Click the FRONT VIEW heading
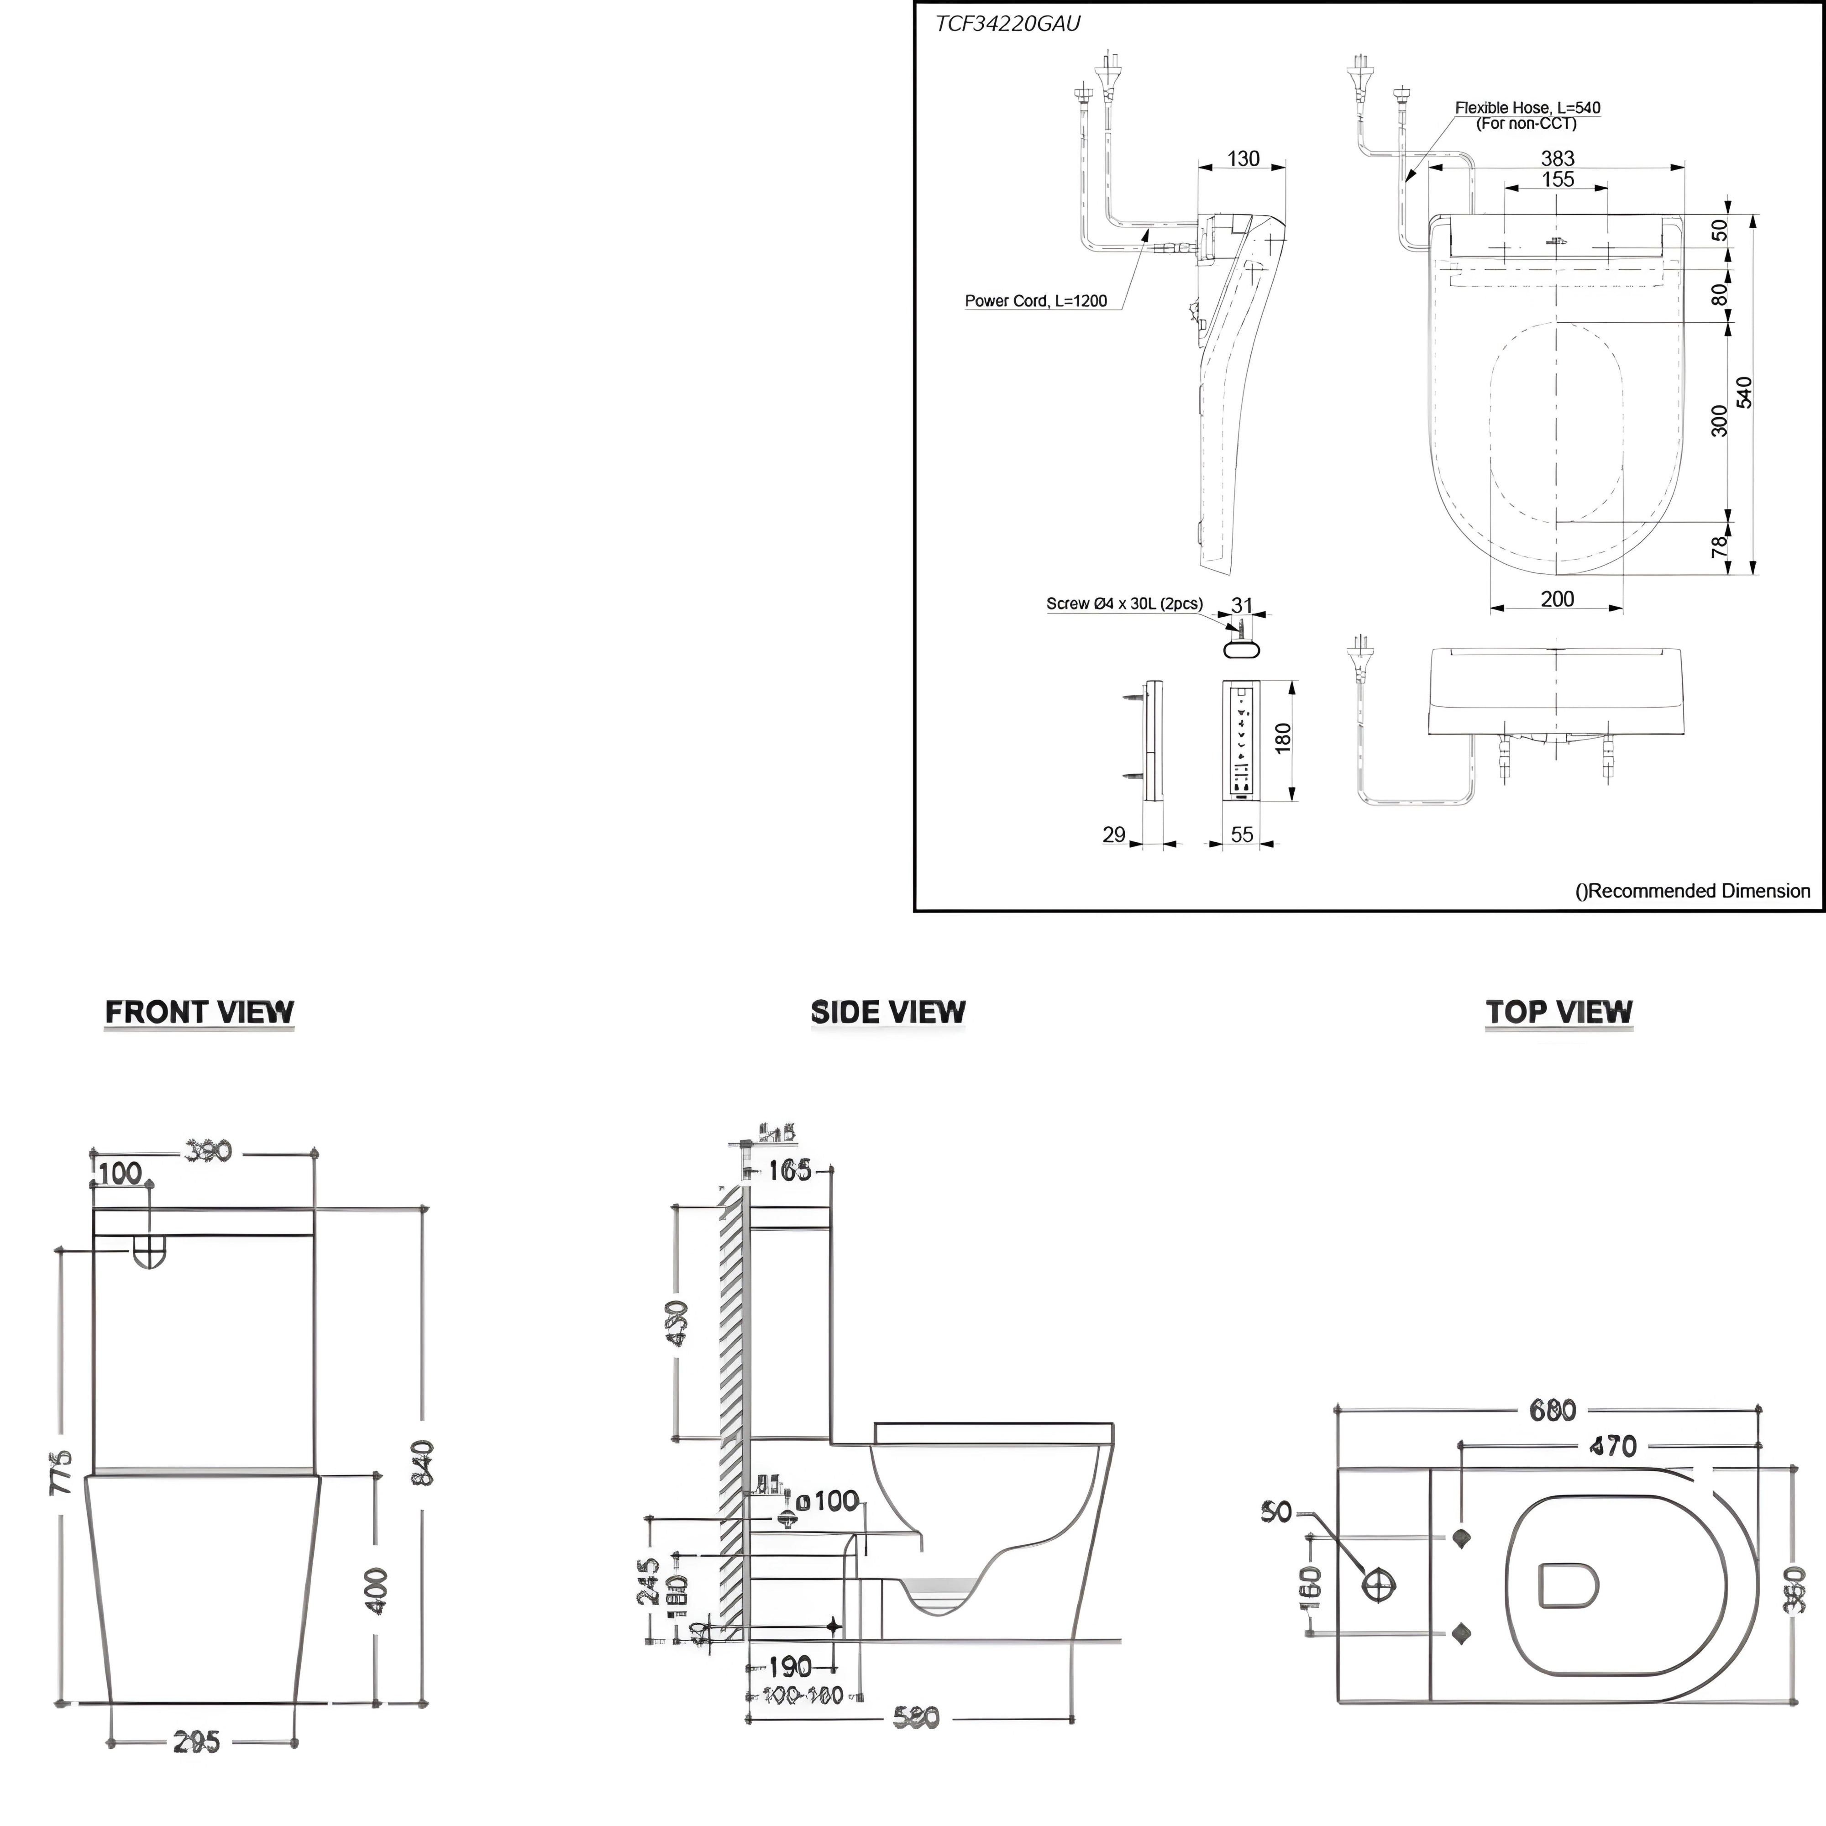click(x=199, y=1012)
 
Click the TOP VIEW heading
click(x=1558, y=1012)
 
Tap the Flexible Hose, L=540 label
click(x=1527, y=108)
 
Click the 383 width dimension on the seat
click(x=1558, y=158)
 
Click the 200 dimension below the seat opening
click(x=1557, y=598)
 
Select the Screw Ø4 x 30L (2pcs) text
click(x=1124, y=603)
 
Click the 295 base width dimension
click(x=197, y=1742)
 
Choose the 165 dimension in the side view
click(x=789, y=1170)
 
